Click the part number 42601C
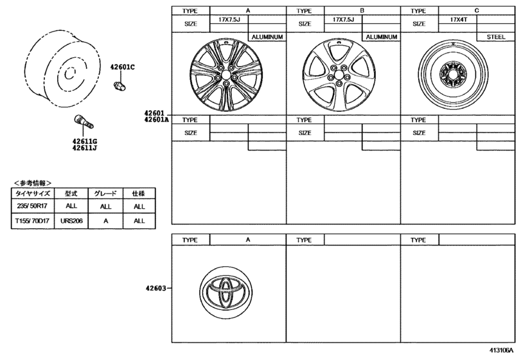point(122,67)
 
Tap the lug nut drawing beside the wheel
point(119,86)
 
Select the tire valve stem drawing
point(83,122)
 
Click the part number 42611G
point(85,141)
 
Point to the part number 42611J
point(85,148)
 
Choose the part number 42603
point(155,288)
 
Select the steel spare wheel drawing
point(453,75)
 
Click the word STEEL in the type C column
point(496,37)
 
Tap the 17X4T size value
point(459,20)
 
